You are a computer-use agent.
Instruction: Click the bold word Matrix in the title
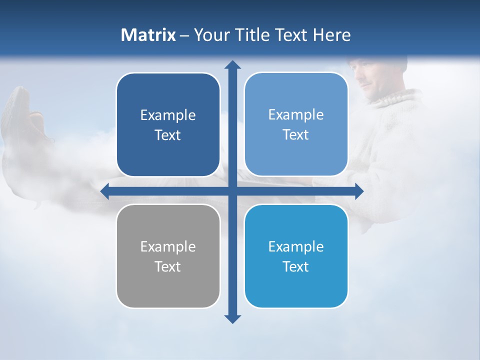coord(148,35)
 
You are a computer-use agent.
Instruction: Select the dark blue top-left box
coord(168,125)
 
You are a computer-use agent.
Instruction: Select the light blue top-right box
coord(296,124)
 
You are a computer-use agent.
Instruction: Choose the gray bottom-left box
coord(168,256)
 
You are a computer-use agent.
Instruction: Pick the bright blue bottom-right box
coord(296,256)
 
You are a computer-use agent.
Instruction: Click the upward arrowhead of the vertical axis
coord(232,65)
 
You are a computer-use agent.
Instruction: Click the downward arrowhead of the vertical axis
coord(232,318)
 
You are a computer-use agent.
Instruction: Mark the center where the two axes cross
coord(232,191)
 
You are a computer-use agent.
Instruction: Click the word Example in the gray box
coord(168,246)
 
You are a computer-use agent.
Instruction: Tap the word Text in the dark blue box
coord(168,135)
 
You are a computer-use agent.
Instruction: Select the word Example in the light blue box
coord(296,114)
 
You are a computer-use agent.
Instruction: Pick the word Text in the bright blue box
coord(296,266)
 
